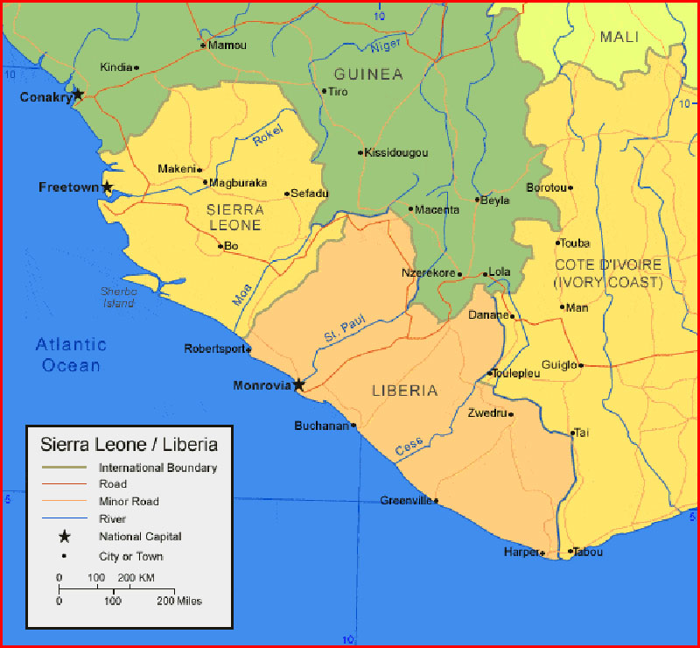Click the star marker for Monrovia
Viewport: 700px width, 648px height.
click(299, 384)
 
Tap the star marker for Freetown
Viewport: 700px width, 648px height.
click(108, 187)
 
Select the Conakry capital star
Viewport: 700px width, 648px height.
click(78, 95)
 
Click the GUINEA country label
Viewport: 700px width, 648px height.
click(368, 74)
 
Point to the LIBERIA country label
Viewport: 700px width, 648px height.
click(403, 391)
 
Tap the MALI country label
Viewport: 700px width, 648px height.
click(619, 37)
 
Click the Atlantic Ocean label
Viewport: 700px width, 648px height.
click(72, 355)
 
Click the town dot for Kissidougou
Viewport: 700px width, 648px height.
click(360, 152)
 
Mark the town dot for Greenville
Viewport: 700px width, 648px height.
click(437, 501)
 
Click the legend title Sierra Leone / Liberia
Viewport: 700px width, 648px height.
click(129, 445)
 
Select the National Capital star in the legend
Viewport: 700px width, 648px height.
click(65, 536)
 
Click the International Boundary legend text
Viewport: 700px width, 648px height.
click(157, 468)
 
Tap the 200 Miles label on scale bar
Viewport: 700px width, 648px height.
click(179, 602)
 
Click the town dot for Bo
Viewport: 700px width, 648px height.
click(220, 246)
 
